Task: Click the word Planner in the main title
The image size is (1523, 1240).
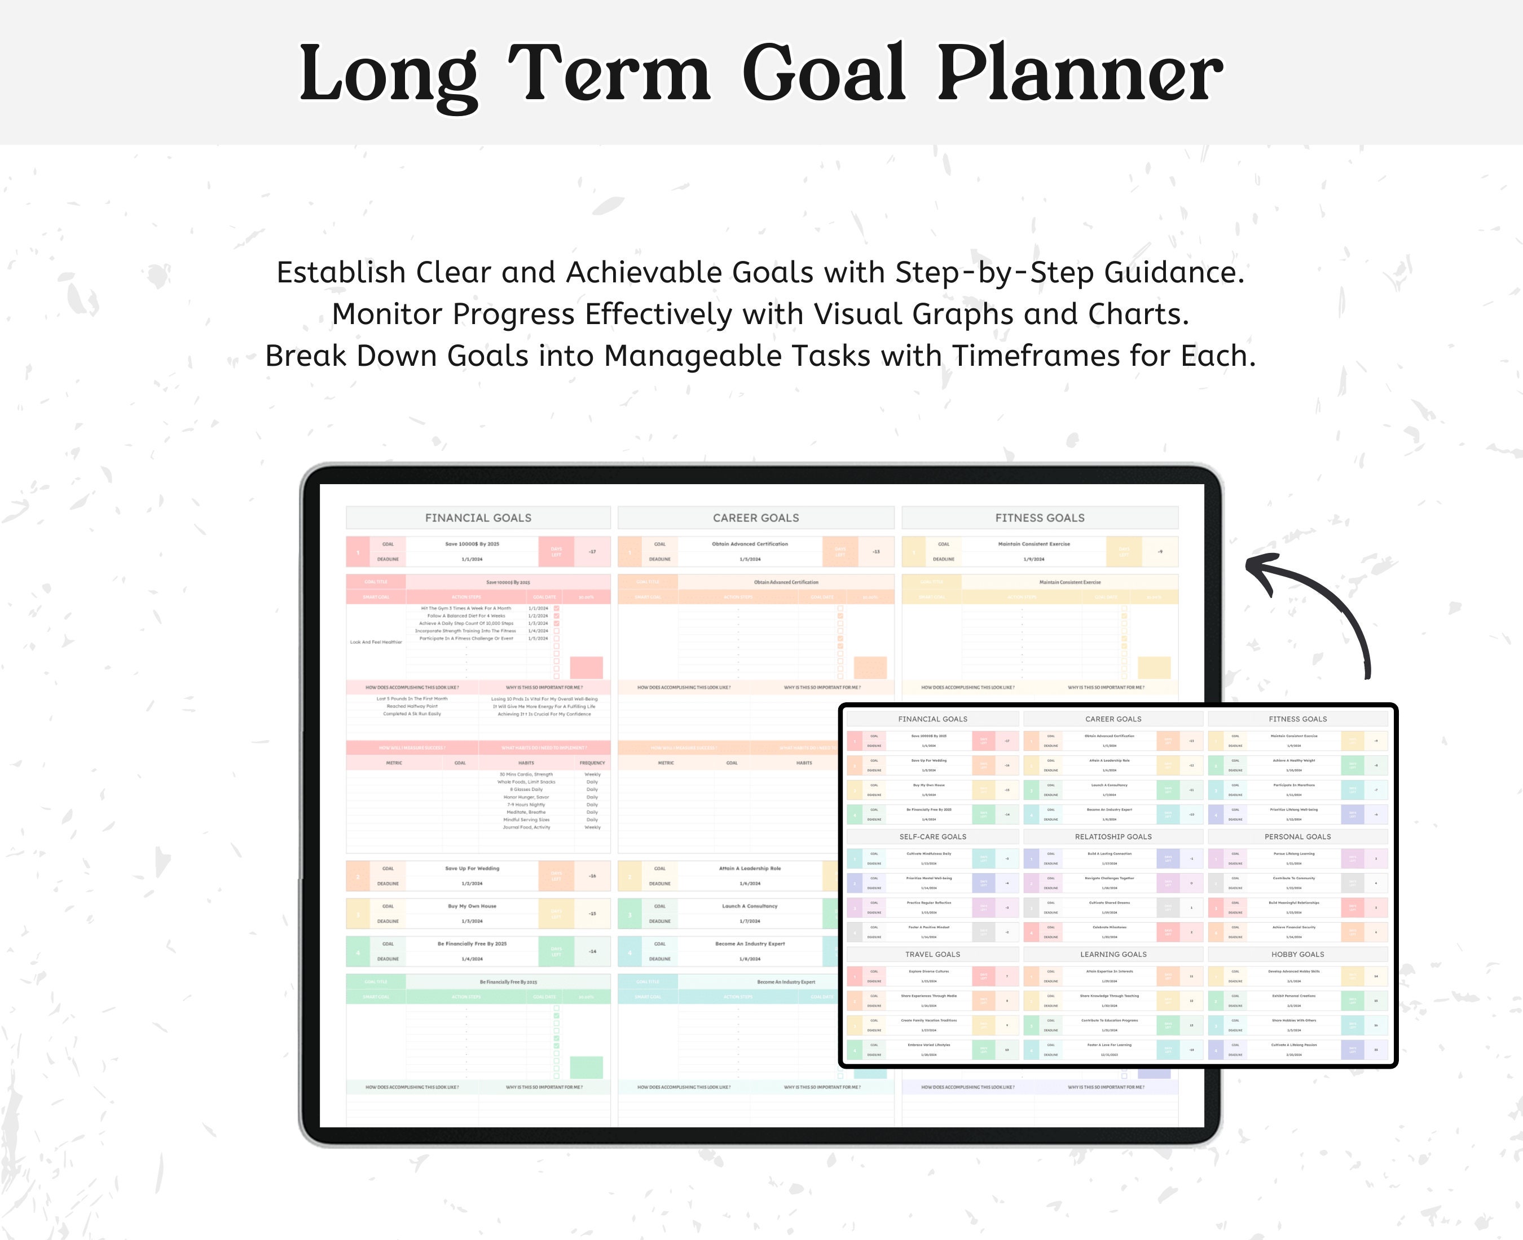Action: (1079, 74)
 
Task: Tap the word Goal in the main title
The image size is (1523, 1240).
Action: (824, 74)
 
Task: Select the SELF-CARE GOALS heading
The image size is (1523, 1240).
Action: (932, 836)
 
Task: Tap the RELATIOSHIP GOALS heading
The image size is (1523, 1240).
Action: (1113, 836)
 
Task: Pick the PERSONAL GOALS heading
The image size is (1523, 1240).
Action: (1297, 836)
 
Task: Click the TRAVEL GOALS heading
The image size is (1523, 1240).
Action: (932, 954)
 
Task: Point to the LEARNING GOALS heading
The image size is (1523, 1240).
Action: (1113, 954)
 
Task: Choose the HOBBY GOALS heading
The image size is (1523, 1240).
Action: (1297, 954)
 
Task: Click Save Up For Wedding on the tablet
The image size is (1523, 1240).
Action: (472, 869)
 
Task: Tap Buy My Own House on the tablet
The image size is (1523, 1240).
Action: (472, 906)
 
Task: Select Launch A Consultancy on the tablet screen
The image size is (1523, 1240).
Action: (749, 906)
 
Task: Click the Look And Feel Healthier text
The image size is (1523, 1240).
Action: (376, 642)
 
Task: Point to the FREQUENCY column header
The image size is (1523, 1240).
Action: (592, 763)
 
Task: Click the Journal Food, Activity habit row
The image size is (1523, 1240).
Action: (526, 827)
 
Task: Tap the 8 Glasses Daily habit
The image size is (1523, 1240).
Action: (526, 789)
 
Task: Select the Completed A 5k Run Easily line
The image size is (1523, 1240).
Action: (412, 714)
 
